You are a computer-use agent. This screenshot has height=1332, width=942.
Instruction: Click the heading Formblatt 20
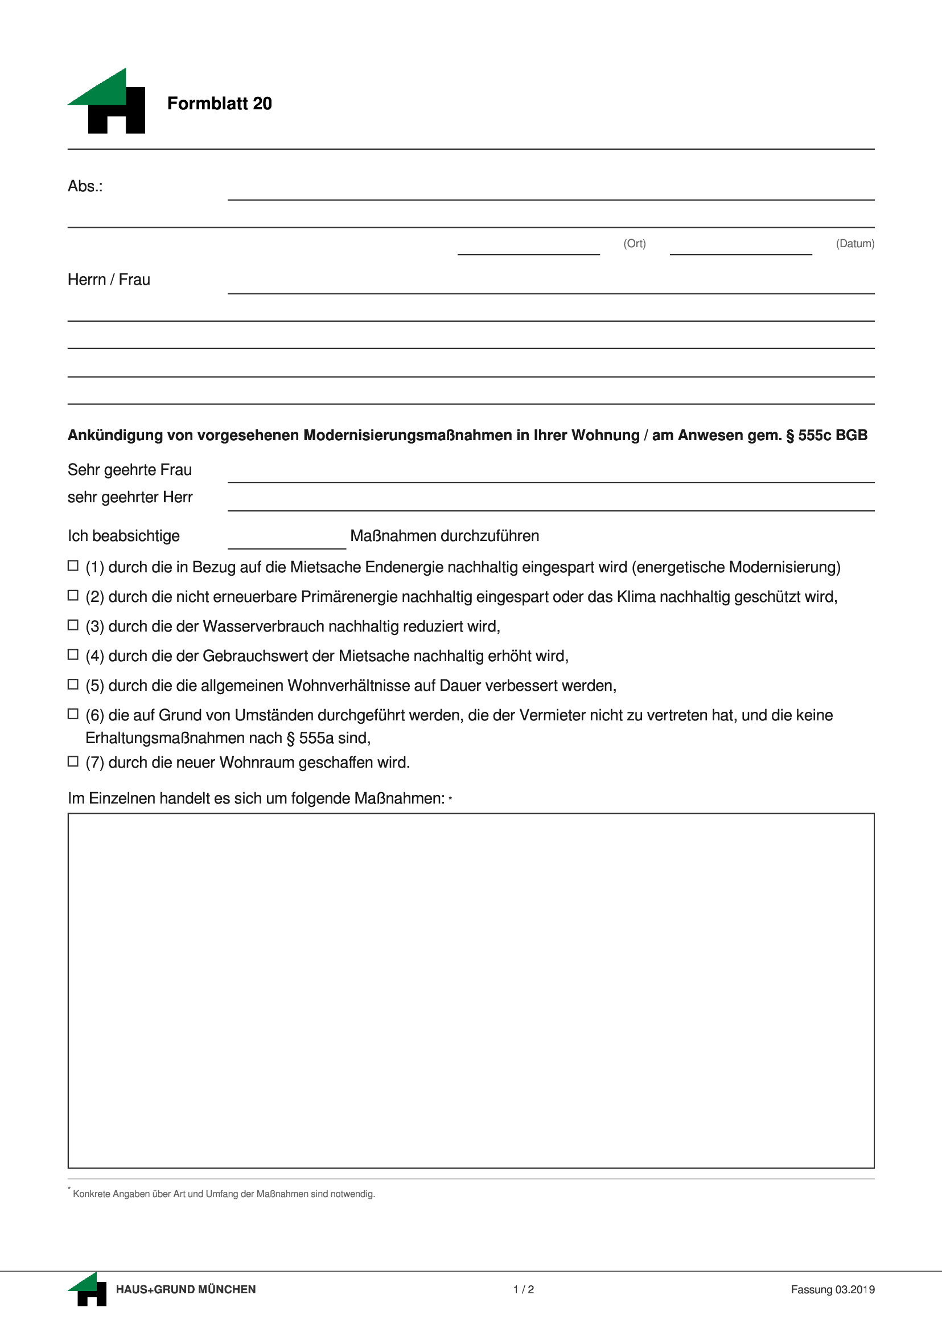[x=219, y=103]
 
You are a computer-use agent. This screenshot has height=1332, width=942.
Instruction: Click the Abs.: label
[x=85, y=186]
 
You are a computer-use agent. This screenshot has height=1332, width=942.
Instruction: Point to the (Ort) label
[x=634, y=244]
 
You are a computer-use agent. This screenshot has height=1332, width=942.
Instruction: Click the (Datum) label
[x=854, y=244]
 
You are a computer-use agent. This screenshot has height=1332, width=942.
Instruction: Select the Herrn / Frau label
[x=109, y=280]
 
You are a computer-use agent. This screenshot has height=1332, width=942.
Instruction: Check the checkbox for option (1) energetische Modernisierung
[x=73, y=566]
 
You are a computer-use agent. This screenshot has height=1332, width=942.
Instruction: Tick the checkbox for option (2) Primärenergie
[x=73, y=596]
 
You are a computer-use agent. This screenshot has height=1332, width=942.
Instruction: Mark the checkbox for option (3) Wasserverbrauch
[x=73, y=625]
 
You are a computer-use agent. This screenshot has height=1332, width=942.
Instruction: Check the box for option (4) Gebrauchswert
[x=73, y=655]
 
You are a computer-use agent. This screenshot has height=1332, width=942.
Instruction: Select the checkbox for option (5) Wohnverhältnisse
[x=73, y=685]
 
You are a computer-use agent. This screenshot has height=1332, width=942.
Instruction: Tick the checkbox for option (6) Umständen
[x=73, y=714]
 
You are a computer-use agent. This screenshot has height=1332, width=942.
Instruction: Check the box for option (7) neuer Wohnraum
[x=73, y=761]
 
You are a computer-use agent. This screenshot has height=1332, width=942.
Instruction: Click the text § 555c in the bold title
[x=809, y=435]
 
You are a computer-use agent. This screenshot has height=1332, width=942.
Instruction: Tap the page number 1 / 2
[x=523, y=1290]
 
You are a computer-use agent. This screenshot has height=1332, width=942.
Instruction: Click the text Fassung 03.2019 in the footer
[x=832, y=1290]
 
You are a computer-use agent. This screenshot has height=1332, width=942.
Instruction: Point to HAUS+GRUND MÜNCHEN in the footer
[x=186, y=1290]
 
